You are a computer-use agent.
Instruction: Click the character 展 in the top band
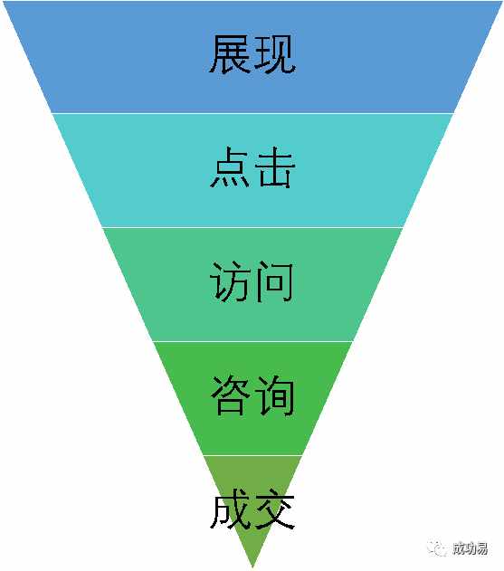230,54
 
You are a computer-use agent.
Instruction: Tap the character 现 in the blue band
274,54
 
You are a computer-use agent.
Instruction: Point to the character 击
274,167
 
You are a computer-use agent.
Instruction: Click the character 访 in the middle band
231,281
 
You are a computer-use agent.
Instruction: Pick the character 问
274,281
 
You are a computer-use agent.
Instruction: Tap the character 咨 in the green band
231,395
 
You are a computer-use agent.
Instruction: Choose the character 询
274,395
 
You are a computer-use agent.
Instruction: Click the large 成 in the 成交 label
231,509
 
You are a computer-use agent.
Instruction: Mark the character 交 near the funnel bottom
274,509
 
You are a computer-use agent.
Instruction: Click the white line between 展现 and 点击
252,113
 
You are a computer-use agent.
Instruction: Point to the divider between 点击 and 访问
252,227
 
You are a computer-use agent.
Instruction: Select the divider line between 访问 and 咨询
252,341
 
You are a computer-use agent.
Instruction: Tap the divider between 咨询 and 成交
252,455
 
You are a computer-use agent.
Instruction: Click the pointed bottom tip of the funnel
252,566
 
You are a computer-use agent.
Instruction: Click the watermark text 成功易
471,548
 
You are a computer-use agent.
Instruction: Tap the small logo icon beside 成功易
437,548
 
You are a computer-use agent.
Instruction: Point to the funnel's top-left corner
4,2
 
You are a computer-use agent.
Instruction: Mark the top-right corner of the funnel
501,2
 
